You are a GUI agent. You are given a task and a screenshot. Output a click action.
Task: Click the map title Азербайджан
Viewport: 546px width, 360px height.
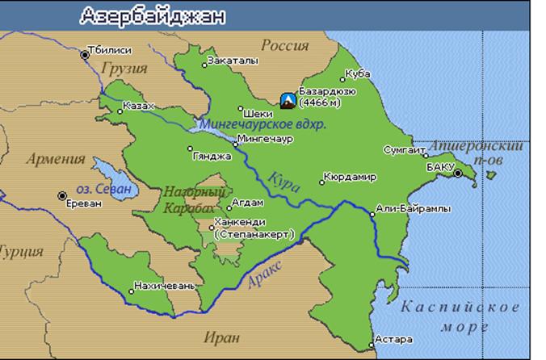coord(153,15)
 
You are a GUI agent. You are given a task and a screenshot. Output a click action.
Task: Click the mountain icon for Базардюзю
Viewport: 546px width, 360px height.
coord(287,99)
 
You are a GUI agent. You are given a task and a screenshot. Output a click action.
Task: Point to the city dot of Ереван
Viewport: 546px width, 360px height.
coord(62,195)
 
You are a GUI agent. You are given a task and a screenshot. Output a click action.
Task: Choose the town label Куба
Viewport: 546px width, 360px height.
coord(357,73)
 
